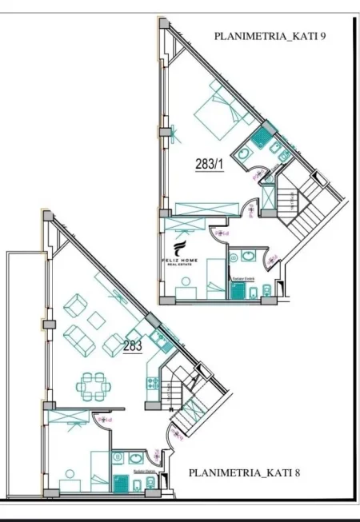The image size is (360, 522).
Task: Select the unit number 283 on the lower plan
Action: point(133,346)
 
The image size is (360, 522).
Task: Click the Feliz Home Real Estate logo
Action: point(182,257)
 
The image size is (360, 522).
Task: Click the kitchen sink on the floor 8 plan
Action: point(161,343)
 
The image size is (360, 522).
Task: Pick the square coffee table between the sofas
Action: point(97,320)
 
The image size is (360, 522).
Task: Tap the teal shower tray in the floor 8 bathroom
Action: point(121,482)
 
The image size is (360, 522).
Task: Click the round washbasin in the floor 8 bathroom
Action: point(134,458)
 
